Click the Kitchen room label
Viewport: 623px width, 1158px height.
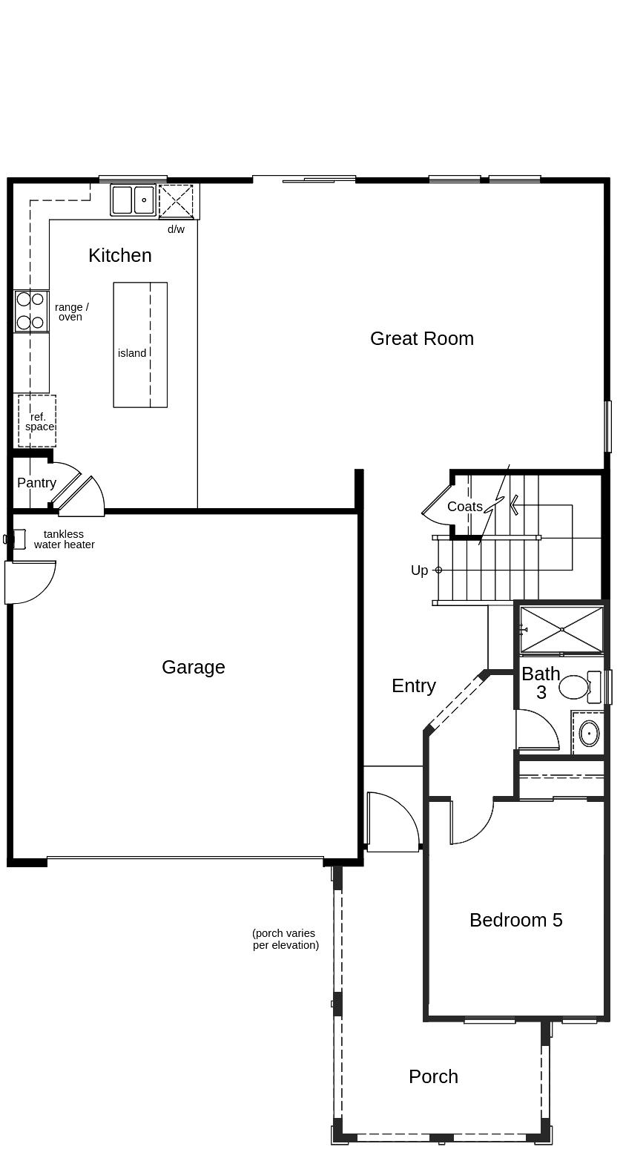tap(120, 255)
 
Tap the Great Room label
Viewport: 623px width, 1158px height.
tap(422, 338)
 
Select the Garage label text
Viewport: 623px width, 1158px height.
tap(194, 668)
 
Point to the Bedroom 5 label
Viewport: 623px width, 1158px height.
tap(516, 920)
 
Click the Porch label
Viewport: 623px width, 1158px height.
tap(433, 1077)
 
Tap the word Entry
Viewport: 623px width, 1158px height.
tap(414, 686)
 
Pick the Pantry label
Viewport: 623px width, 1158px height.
tap(36, 483)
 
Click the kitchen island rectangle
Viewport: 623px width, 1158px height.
tap(140, 345)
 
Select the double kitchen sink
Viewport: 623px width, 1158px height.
tap(133, 200)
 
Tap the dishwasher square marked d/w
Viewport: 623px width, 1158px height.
tap(176, 201)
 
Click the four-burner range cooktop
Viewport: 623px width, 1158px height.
tap(30, 312)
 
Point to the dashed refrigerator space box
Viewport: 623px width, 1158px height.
tap(37, 421)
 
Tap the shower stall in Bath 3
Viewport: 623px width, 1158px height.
tap(561, 630)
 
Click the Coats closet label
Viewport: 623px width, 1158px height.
tap(465, 507)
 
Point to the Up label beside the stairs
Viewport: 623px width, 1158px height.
tap(419, 570)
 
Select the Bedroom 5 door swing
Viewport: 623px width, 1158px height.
tap(472, 823)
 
